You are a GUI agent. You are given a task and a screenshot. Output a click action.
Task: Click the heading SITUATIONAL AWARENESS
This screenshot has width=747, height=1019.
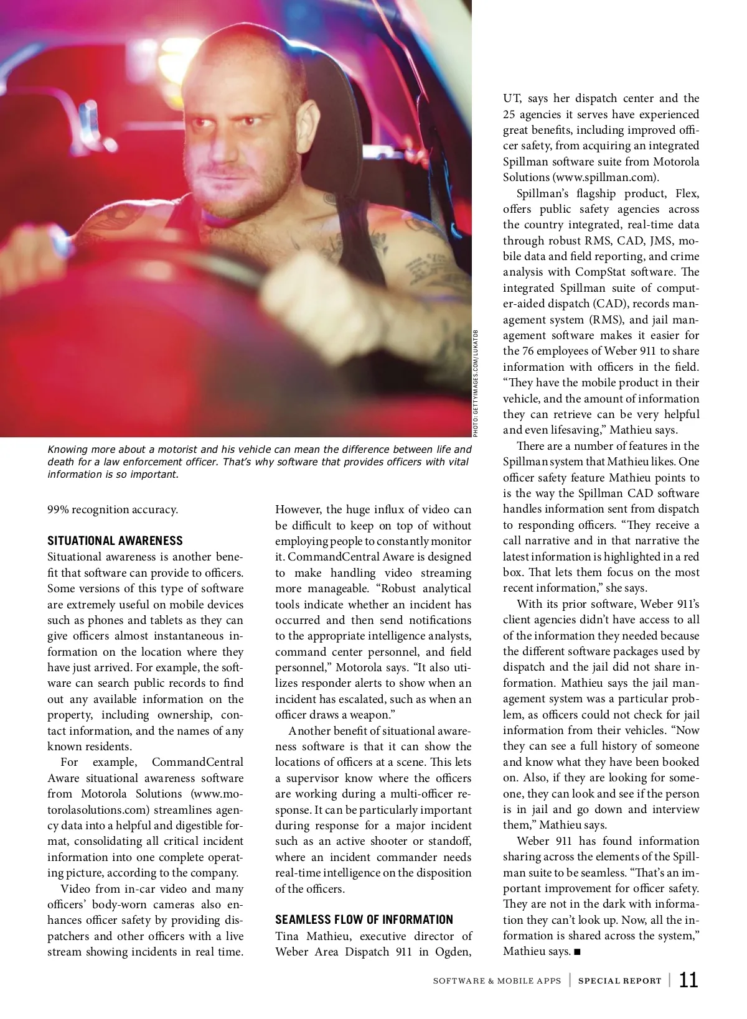click(115, 541)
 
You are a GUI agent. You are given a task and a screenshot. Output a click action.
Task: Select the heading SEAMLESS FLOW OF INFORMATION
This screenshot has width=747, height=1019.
click(364, 919)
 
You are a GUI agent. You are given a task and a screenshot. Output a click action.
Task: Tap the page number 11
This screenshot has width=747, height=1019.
click(688, 980)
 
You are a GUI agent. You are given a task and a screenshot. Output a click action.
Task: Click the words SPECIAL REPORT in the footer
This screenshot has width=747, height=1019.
click(619, 981)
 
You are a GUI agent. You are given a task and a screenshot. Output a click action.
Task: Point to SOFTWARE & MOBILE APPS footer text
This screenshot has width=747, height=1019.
click(497, 981)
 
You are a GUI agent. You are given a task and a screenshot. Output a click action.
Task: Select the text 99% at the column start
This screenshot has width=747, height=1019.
click(58, 509)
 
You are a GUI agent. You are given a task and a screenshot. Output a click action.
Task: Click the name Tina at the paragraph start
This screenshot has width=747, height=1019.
click(286, 936)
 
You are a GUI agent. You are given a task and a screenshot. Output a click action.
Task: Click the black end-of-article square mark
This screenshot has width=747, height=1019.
click(577, 952)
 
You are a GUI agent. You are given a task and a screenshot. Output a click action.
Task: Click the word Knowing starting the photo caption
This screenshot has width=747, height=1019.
click(68, 449)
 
